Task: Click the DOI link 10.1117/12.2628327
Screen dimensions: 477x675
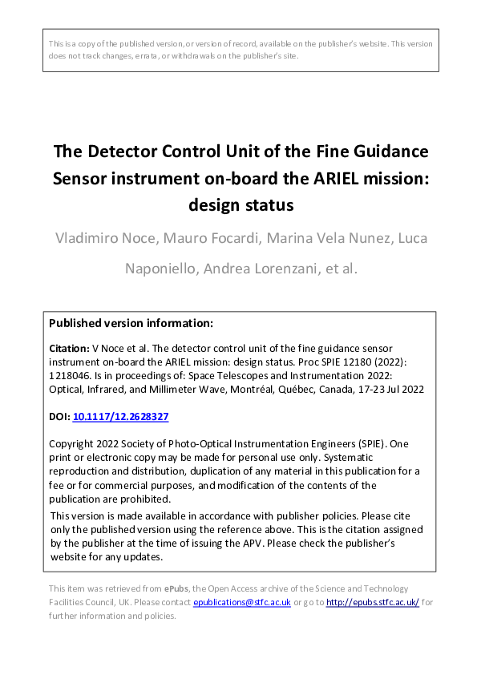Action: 120,418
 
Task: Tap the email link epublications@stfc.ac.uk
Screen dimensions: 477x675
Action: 242,602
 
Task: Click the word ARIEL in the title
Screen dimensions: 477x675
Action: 341,177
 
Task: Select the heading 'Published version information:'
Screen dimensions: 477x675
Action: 131,323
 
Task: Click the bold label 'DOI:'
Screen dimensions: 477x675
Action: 60,418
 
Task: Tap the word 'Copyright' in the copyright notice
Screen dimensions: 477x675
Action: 74,444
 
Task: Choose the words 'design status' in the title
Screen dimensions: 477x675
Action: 241,204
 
